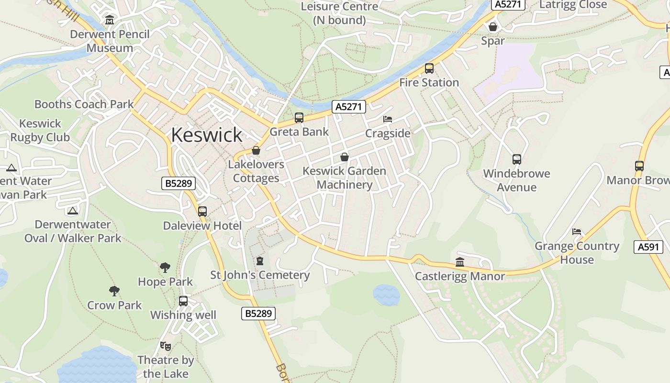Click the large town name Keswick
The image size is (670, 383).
(206, 135)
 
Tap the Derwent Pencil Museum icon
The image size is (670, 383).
(110, 20)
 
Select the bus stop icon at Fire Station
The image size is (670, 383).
(429, 68)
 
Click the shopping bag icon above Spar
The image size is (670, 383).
(493, 27)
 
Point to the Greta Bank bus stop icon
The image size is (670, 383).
(299, 118)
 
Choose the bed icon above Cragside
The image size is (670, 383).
(388, 119)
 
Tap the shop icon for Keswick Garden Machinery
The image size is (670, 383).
(344, 157)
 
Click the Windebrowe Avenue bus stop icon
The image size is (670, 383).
(517, 159)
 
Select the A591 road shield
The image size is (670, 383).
(648, 247)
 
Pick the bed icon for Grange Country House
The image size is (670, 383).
(577, 232)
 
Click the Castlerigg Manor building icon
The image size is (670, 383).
(460, 262)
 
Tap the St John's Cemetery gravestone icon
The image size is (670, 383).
(260, 261)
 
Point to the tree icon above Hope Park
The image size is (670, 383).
(165, 268)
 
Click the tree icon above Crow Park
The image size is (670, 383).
(114, 291)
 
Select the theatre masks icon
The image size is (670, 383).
(166, 346)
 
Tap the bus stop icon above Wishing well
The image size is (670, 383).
(183, 301)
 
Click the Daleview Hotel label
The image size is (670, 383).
(202, 225)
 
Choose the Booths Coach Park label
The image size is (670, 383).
(84, 104)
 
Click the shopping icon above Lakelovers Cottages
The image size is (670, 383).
(256, 151)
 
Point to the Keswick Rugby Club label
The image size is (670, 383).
(40, 130)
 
